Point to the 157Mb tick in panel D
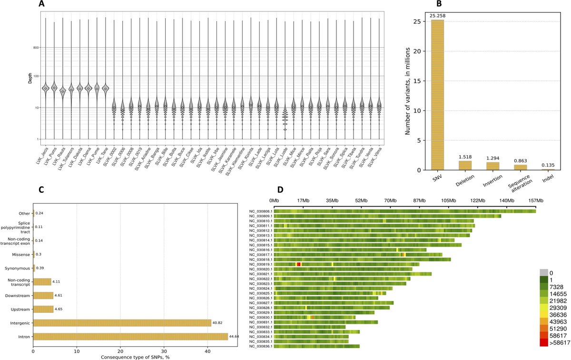coord(536,200)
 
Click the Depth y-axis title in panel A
coord(30,79)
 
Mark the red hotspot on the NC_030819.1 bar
coord(298,264)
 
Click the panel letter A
coord(41,4)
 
